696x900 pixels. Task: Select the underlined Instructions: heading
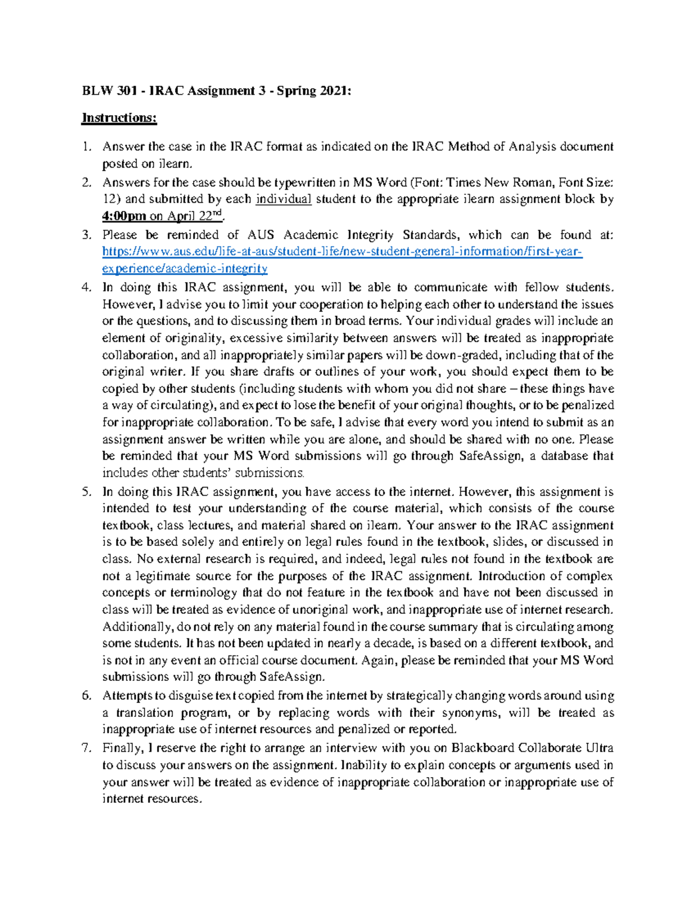(x=119, y=118)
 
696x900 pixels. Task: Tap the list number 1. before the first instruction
(x=86, y=147)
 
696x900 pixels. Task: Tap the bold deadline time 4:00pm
(x=124, y=217)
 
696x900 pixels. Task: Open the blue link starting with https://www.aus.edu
(x=342, y=252)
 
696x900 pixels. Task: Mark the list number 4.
(x=86, y=287)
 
